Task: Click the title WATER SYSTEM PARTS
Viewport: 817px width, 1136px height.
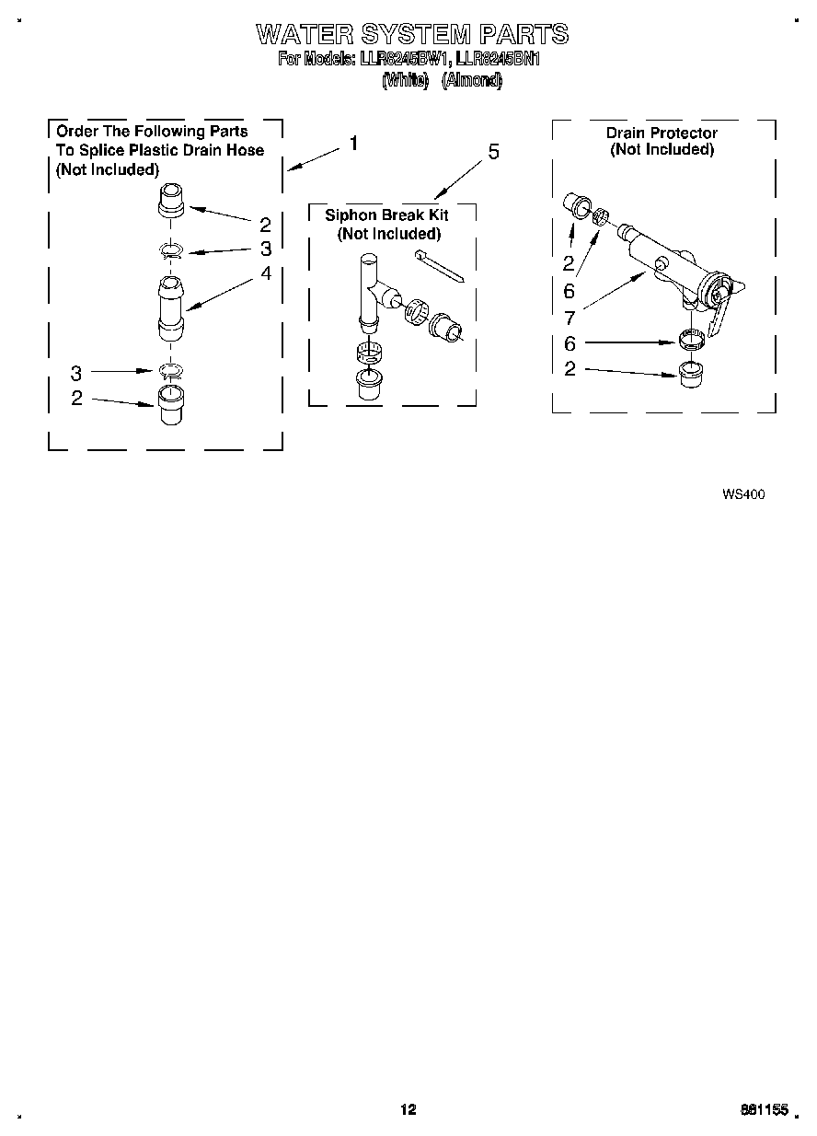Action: click(x=411, y=35)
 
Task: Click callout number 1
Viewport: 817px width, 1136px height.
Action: click(x=353, y=144)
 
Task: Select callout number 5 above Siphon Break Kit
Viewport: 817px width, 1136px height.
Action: click(x=493, y=152)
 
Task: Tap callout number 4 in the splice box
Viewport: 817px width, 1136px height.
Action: click(x=265, y=273)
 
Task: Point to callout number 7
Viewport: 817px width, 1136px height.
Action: click(x=570, y=319)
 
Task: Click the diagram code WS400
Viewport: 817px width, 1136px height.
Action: click(x=743, y=493)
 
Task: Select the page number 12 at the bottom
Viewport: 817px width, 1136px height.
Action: click(x=408, y=1110)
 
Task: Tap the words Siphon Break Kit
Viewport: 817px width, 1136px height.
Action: click(x=386, y=214)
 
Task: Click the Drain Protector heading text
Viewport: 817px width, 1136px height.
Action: click(x=662, y=133)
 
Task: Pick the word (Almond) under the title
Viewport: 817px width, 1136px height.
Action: click(x=472, y=80)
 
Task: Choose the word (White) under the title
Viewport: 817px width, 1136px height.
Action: click(x=405, y=80)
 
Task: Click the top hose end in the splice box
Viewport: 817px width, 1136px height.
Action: click(x=172, y=201)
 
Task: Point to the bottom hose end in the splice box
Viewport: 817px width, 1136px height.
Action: click(x=170, y=405)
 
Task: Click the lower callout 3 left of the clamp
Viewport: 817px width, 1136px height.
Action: click(x=76, y=373)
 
